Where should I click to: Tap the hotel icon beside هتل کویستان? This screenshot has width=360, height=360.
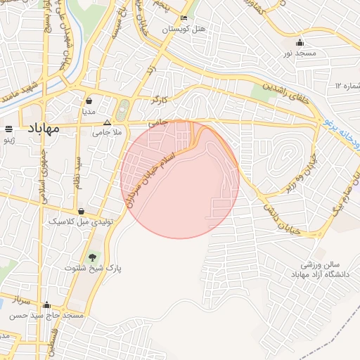(x=184, y=18)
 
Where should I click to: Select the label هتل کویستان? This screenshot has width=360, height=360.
(x=184, y=30)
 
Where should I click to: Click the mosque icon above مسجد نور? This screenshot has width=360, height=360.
(x=300, y=42)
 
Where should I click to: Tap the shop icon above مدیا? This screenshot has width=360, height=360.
(x=89, y=101)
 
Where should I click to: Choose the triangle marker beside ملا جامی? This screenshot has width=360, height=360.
(x=108, y=122)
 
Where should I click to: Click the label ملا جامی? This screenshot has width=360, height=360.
(x=108, y=132)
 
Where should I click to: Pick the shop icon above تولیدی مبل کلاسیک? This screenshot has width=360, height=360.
(x=82, y=210)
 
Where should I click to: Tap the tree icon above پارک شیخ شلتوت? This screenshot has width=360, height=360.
(x=92, y=257)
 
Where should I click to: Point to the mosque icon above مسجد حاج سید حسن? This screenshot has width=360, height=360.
(x=47, y=304)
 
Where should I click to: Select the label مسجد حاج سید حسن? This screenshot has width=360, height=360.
(x=47, y=316)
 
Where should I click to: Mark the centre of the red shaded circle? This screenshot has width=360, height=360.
(x=180, y=179)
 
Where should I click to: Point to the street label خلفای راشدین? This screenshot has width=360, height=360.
(x=284, y=92)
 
